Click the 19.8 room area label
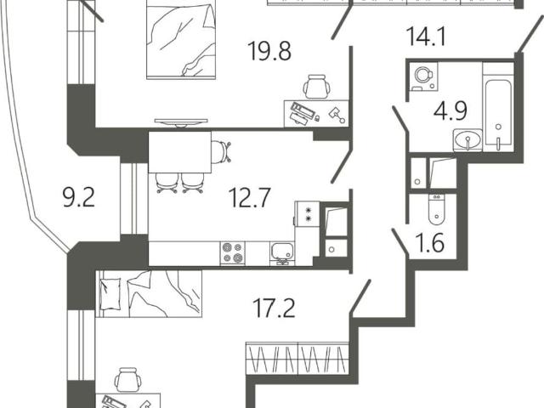coord(269,51)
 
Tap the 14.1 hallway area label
coord(426,36)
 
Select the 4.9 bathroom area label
coord(450,111)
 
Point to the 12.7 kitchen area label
coord(249,197)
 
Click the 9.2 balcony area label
coord(79,196)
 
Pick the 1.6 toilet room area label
coord(430,242)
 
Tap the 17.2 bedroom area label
coord(274,308)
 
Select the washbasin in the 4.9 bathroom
coord(467,140)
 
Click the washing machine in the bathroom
coord(423,75)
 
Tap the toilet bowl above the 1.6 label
coord(436,209)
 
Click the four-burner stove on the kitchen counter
coord(232,253)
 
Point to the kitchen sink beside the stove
coord(282,253)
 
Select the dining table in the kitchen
coord(179,152)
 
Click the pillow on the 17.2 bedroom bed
coord(110,293)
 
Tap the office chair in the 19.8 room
coord(316,87)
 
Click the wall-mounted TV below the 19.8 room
coord(181,122)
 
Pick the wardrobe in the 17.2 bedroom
coord(297,359)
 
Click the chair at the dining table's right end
coord(221,151)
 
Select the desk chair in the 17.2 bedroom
coord(127,380)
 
